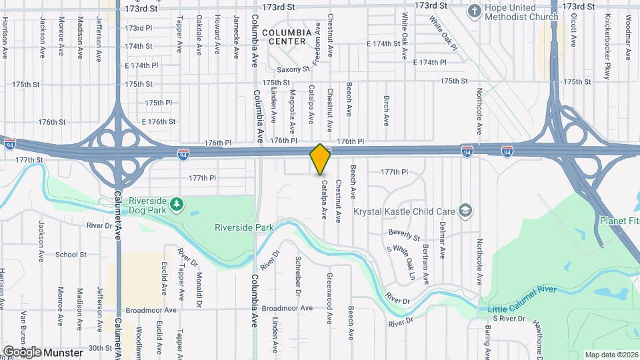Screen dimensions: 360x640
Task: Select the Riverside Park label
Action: coord(244,227)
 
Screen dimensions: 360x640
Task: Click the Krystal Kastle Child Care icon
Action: coord(465,211)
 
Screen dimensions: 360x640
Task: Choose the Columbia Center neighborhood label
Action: coord(287,36)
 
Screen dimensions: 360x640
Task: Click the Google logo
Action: coord(22,352)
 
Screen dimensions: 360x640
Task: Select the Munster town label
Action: coord(65,352)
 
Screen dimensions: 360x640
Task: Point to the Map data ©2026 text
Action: coord(610,354)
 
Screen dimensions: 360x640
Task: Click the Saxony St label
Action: coord(294,69)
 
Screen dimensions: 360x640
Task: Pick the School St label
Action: coord(71,255)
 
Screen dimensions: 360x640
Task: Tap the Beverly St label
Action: coord(404,235)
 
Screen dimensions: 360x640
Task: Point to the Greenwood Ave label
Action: coord(329,289)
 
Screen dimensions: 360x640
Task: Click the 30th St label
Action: coord(101,348)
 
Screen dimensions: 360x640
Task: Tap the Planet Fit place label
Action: coord(619,221)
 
